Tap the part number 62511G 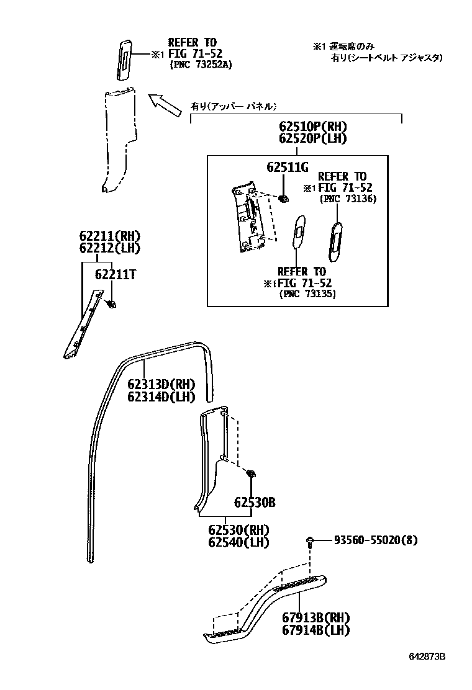pyautogui.click(x=288, y=167)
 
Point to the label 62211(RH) pyautogui.click(x=109, y=236)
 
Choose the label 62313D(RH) pyautogui.click(x=161, y=384)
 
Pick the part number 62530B pyautogui.click(x=255, y=503)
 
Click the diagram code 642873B pyautogui.click(x=427, y=656)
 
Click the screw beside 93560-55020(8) pyautogui.click(x=309, y=541)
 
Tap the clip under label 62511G pyautogui.click(x=283, y=199)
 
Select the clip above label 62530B pyautogui.click(x=252, y=474)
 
